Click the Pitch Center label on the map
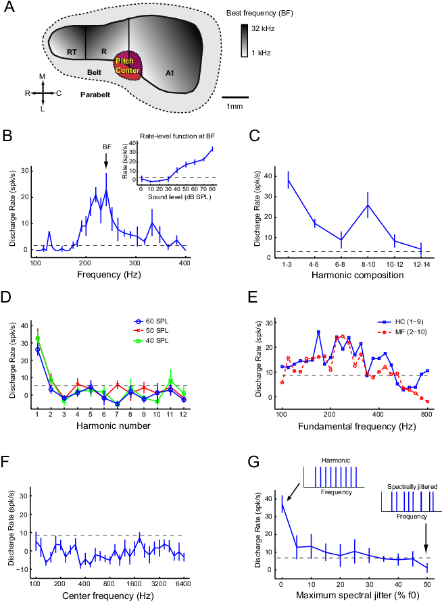[127, 66]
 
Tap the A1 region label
[170, 71]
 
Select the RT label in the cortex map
[71, 51]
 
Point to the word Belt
[94, 72]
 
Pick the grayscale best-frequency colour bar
[244, 39]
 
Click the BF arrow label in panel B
[106, 147]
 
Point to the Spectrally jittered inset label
[403, 486]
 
